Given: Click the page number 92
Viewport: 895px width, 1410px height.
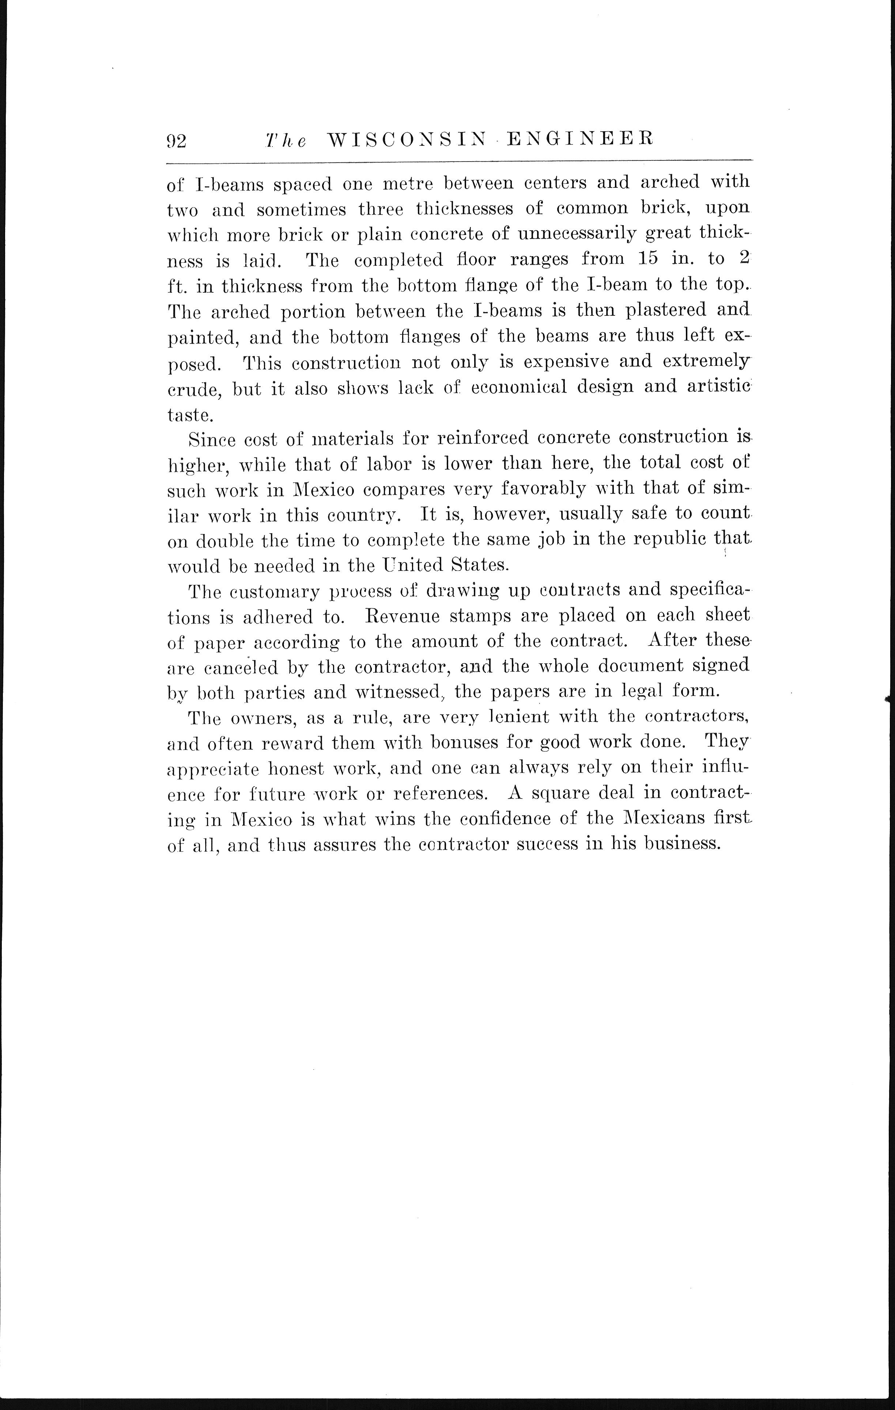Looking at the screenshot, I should point(176,141).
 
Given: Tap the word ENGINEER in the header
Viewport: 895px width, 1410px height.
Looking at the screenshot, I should point(579,139).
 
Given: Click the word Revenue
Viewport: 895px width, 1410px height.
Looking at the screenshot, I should point(404,616).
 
